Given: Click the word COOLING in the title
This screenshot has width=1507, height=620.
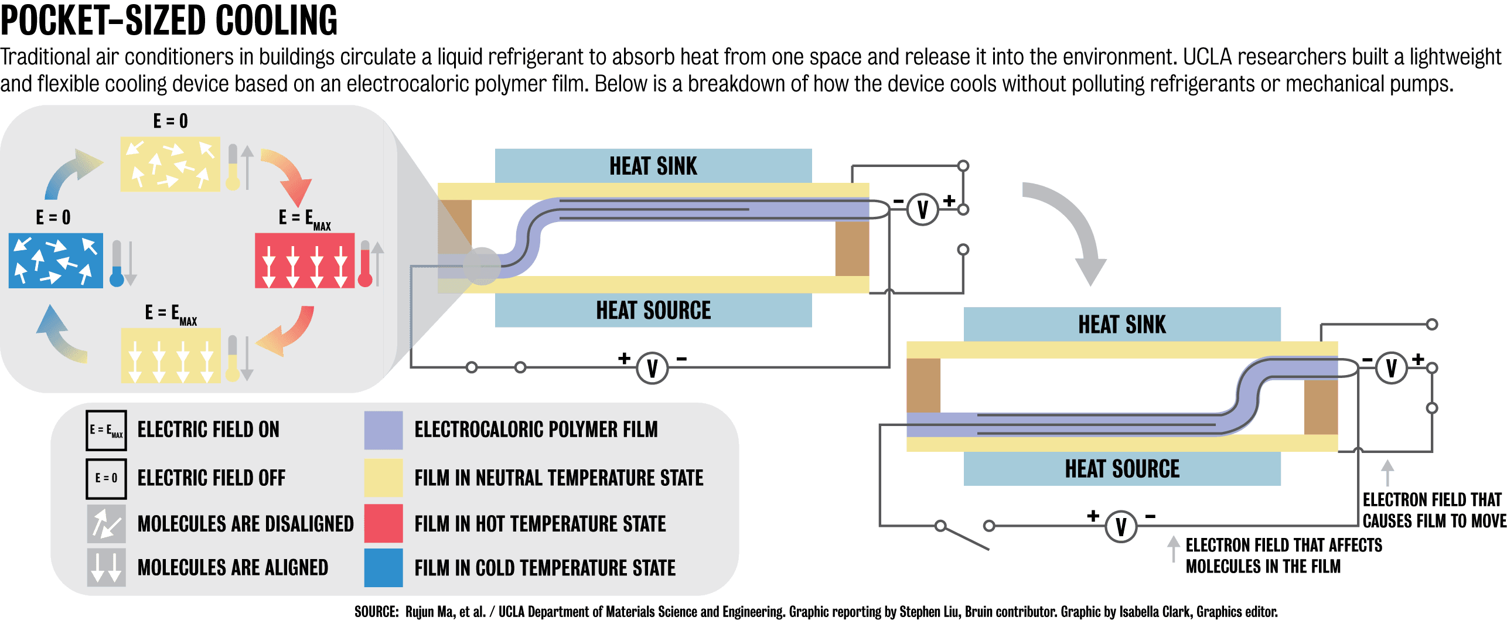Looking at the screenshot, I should (276, 21).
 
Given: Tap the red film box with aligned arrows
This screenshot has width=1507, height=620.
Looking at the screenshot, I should (305, 260).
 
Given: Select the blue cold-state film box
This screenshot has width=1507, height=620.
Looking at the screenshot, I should (56, 260).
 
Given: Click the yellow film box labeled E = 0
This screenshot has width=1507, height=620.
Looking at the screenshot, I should (170, 164).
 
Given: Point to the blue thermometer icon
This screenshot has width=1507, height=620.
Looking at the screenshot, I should (117, 276).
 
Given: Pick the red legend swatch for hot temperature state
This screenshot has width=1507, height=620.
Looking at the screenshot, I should (383, 523).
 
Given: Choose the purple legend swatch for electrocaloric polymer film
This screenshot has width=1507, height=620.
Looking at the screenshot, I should (383, 430).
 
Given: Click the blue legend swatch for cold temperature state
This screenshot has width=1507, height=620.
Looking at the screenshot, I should (383, 567).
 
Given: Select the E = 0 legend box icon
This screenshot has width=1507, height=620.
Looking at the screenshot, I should (106, 478).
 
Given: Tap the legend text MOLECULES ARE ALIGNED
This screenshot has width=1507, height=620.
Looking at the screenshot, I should (233, 567).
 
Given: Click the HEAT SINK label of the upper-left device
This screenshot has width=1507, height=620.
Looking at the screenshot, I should (653, 166).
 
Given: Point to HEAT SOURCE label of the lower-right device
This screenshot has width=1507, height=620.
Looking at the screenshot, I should (1122, 469).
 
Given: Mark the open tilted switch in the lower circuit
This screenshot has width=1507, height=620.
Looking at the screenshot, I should (964, 537).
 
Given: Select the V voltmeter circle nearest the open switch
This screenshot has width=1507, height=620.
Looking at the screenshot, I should (1121, 526).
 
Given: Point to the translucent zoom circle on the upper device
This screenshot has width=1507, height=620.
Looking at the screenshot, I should (482, 266).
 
